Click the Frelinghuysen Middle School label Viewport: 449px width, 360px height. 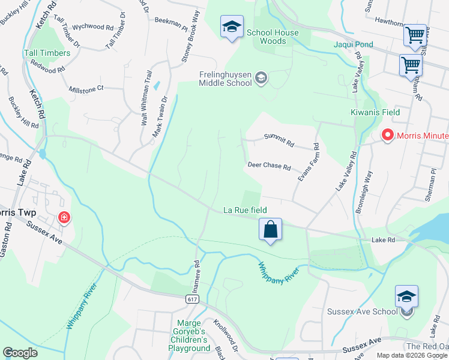[x=225, y=79]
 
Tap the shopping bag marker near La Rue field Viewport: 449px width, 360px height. [x=270, y=229]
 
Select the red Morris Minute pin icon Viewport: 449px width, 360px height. [x=387, y=136]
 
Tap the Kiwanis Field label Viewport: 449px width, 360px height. [x=375, y=112]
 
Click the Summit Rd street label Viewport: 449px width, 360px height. [x=280, y=143]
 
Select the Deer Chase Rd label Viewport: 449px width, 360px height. [x=269, y=166]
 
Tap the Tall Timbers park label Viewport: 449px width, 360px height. [x=47, y=53]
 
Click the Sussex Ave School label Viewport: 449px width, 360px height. [x=362, y=311]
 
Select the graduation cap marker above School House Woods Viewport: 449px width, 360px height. [x=232, y=26]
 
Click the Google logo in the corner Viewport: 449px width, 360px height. [x=20, y=353]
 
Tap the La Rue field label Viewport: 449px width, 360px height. [x=244, y=210]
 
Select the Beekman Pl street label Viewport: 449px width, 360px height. [x=171, y=22]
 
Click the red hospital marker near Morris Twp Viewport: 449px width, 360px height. [x=63, y=217]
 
